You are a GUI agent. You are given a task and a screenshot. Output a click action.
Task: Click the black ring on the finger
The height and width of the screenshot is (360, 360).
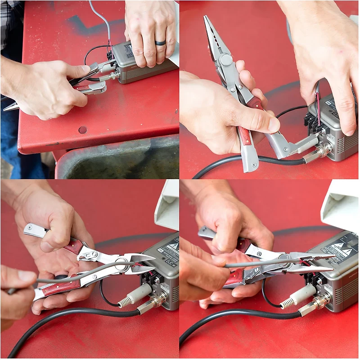tap(161, 43)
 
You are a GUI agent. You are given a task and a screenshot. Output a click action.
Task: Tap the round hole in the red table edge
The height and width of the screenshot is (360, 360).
tap(82, 130)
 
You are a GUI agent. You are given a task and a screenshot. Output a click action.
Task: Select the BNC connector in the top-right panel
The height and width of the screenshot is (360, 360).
tap(322, 150)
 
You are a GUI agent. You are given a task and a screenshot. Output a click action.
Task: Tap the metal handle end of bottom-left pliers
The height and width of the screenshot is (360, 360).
tap(34, 229)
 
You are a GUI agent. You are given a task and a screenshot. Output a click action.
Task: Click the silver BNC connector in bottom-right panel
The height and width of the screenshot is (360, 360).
tap(315, 306)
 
